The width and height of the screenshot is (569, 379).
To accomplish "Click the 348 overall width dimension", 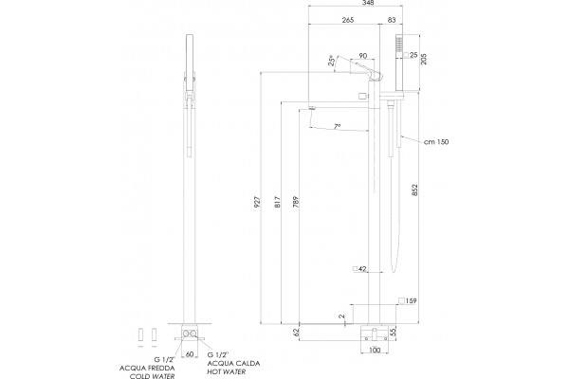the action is pos(368,3).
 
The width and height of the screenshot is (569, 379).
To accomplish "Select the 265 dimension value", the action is pos(348,20).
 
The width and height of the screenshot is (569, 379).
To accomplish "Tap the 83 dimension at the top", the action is pos(392,20).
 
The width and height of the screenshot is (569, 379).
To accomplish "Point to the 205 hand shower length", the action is pos(424,59).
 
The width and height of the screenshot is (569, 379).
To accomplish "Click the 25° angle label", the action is pos(331,61).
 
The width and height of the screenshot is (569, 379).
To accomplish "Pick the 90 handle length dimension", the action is pos(362,56).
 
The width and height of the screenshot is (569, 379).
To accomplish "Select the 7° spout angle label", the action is pos(337,126).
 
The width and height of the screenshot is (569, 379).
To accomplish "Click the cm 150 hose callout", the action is pos(436,142).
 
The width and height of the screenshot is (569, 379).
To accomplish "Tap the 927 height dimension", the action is pos(257,202).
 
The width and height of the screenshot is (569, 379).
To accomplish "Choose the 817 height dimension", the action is pos(277,202).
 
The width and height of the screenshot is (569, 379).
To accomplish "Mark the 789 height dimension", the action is pos(295,202).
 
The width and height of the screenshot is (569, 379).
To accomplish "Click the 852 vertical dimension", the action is pos(415,190).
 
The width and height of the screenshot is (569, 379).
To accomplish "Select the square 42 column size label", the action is pos(359,269).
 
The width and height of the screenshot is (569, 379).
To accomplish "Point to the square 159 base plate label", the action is pos(408,300).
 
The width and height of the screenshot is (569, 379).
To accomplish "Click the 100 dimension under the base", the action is pos(375,350).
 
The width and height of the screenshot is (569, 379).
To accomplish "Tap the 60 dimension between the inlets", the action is pos(190,354).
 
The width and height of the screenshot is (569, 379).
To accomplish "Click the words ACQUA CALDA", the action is pos(233,364).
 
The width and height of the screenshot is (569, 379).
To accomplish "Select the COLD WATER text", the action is pos(153,376).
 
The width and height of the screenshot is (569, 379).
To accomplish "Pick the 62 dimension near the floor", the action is pos(296,332).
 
